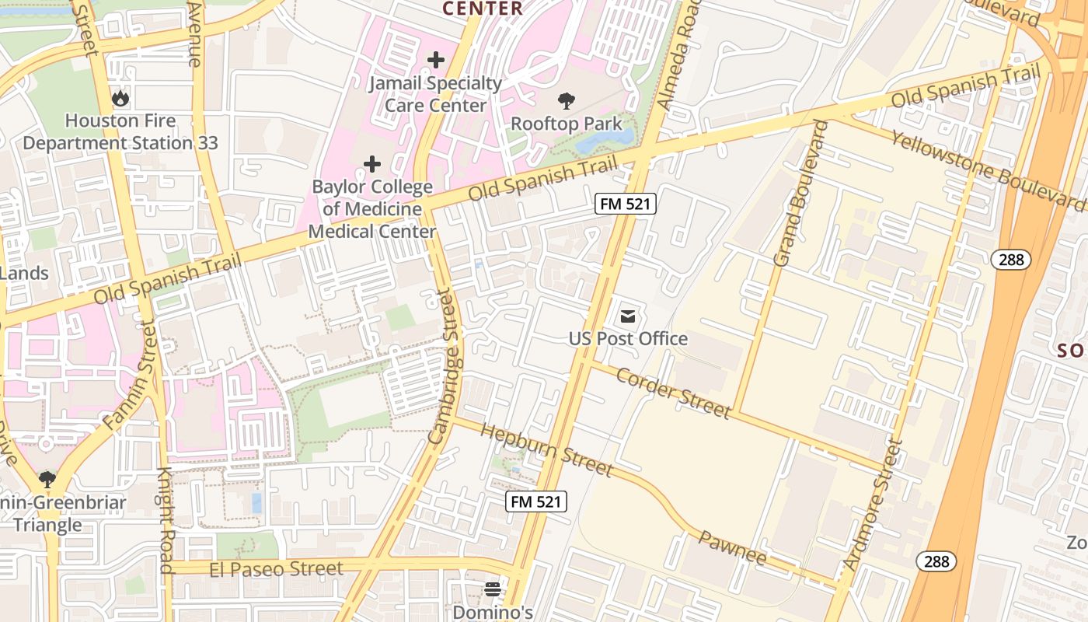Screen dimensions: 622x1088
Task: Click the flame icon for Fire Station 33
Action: [x=120, y=99]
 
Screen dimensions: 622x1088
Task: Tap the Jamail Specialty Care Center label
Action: [x=436, y=94]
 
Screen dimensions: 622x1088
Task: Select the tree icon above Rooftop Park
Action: [x=567, y=100]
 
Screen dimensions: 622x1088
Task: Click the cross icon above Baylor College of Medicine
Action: [x=372, y=164]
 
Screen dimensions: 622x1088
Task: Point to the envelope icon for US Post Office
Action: [x=628, y=316]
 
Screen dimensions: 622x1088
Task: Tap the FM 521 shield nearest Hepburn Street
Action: [x=536, y=501]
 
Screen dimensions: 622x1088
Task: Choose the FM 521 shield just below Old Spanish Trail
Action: [x=626, y=204]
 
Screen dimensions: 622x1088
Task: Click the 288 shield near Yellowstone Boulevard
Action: [x=1010, y=260]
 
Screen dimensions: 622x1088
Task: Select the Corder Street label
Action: [x=673, y=393]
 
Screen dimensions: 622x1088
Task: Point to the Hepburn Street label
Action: [x=546, y=449]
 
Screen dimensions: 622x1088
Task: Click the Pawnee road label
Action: [x=732, y=547]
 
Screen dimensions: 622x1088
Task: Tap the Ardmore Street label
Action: [x=874, y=505]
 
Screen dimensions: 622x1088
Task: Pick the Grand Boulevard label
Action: [x=797, y=194]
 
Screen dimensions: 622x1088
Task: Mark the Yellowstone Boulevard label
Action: [x=987, y=169]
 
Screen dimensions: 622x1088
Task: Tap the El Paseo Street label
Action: [x=276, y=569]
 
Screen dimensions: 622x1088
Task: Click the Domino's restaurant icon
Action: [x=493, y=589]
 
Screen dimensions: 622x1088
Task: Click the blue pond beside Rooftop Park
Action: [x=605, y=140]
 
